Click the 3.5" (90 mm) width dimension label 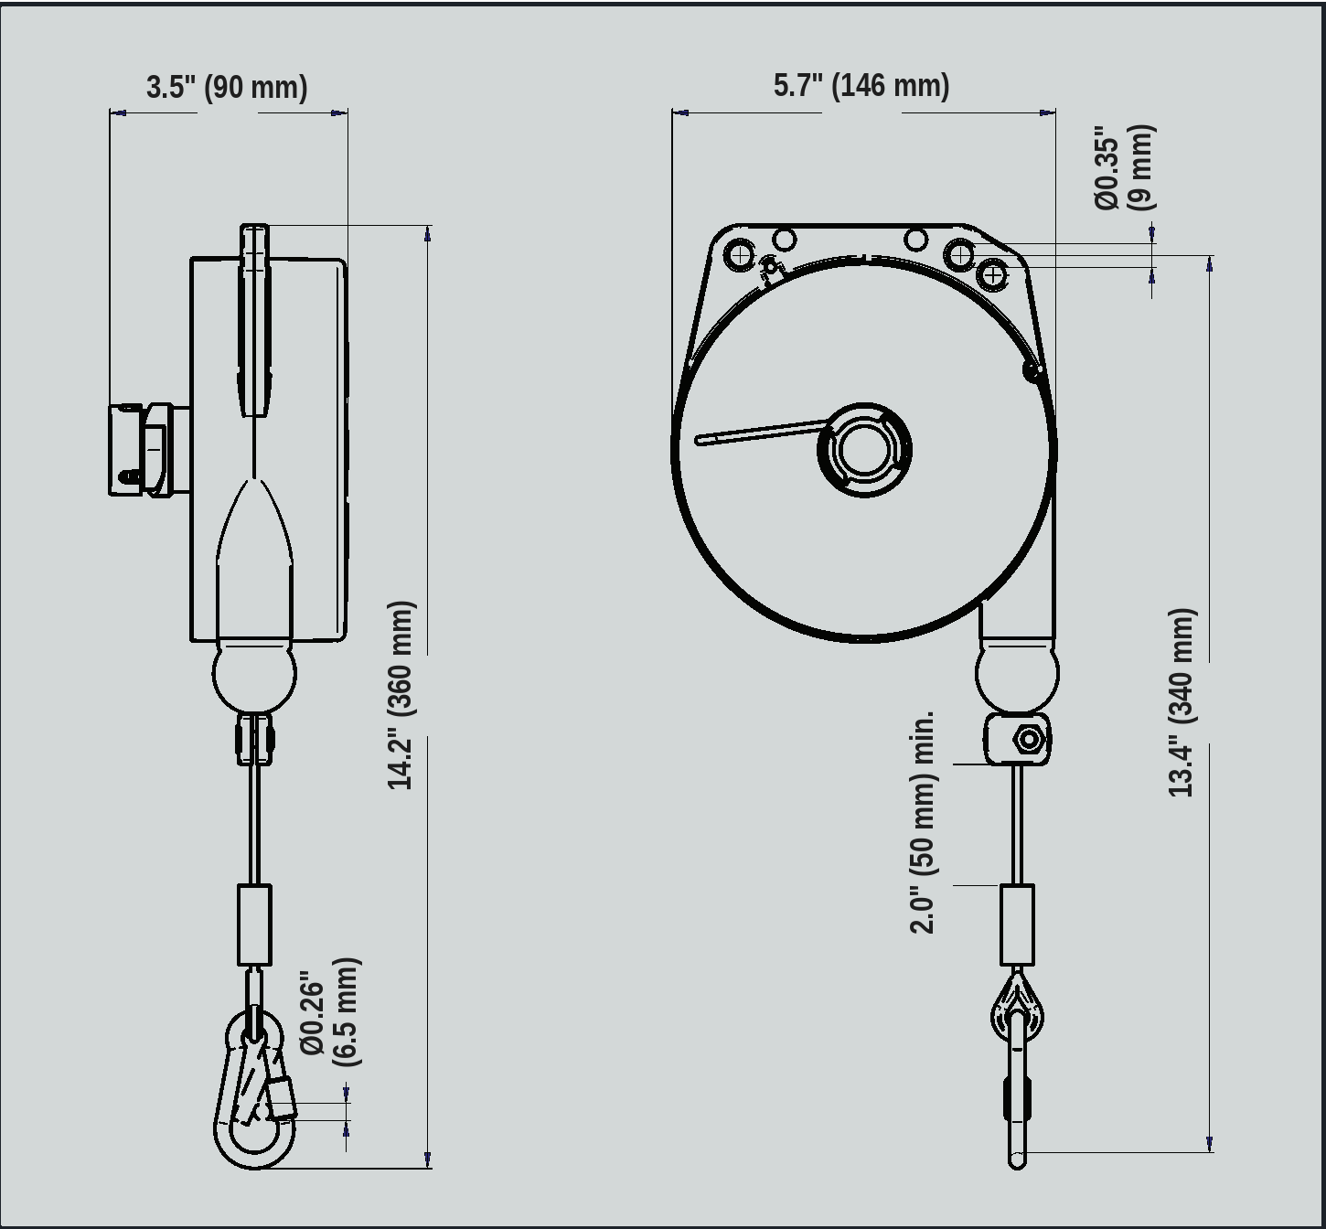(x=227, y=88)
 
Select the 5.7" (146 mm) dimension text (x=861, y=85)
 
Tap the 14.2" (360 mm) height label (x=402, y=695)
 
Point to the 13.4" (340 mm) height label (x=1182, y=702)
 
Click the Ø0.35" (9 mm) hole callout (x=1124, y=167)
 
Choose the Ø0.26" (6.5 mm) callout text (x=330, y=1012)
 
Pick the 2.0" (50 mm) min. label (x=923, y=821)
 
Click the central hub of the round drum (x=864, y=450)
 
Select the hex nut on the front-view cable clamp (x=1029, y=740)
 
